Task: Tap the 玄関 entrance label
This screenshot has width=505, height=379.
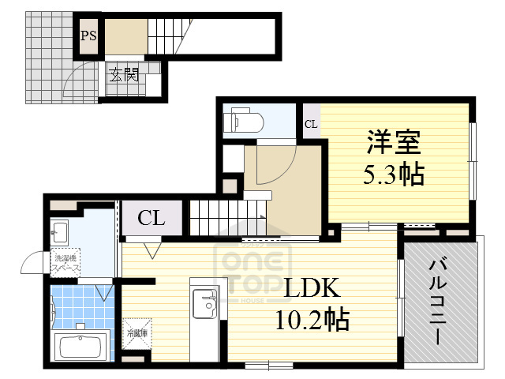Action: [123, 77]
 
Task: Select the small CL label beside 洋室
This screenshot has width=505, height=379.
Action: [312, 124]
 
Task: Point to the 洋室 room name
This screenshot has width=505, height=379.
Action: [392, 144]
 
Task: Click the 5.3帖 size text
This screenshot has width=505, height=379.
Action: [394, 174]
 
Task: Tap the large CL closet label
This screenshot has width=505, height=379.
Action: [151, 218]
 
